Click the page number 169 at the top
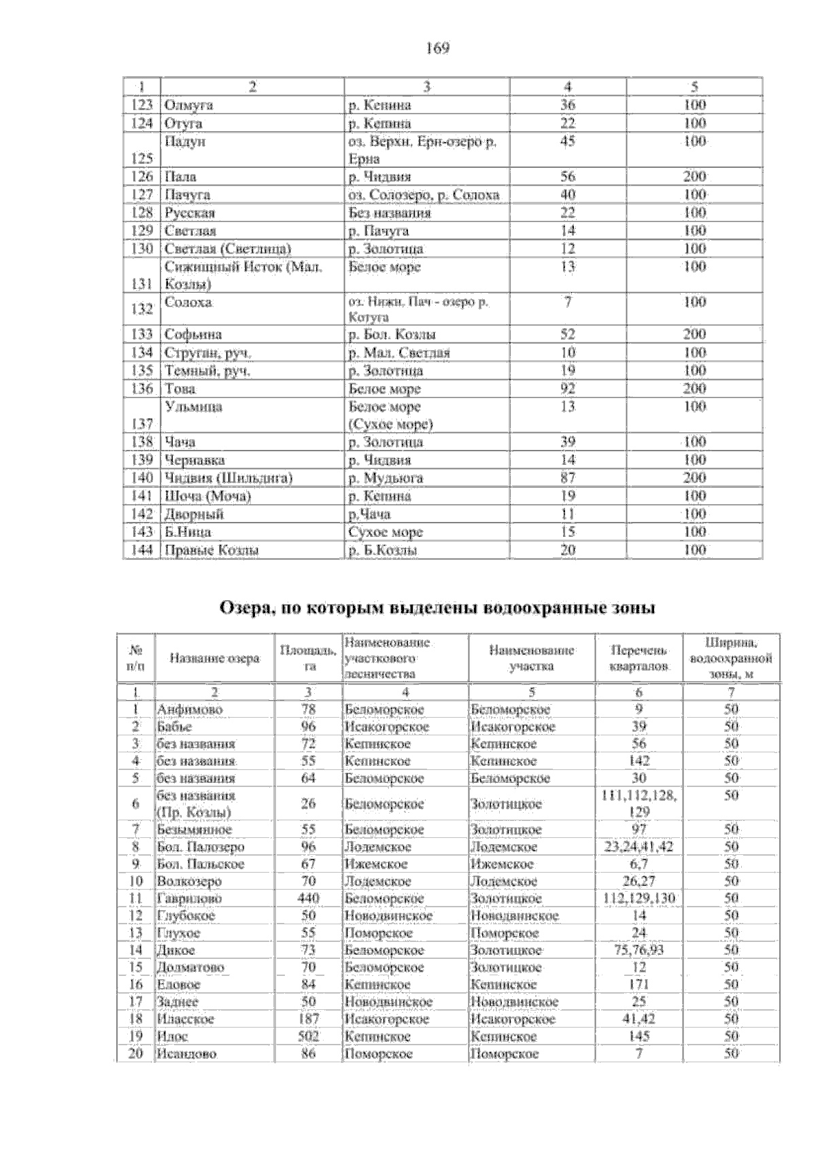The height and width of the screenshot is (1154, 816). [437, 48]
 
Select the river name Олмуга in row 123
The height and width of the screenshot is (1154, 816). [188, 105]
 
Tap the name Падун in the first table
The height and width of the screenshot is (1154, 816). [185, 141]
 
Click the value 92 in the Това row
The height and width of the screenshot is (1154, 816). [568, 389]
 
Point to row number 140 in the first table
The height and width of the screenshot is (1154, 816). [141, 478]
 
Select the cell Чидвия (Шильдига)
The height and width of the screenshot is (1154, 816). [228, 478]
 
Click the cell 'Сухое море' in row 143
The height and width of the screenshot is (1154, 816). [386, 532]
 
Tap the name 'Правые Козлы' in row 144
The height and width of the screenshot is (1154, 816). [211, 550]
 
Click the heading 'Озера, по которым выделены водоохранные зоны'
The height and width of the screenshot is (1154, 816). [437, 608]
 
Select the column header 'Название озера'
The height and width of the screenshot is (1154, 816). [214, 658]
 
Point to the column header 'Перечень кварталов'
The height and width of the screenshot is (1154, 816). [639, 658]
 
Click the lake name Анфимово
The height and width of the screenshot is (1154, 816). [190, 710]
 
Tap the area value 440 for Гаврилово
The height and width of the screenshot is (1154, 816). [308, 898]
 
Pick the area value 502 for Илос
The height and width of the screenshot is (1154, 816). [308, 1036]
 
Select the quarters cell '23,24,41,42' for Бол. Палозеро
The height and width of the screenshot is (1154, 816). [639, 847]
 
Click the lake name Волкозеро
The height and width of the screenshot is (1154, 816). [189, 881]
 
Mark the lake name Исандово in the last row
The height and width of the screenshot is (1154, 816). [187, 1054]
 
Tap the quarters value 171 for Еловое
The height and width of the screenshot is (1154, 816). [639, 985]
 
